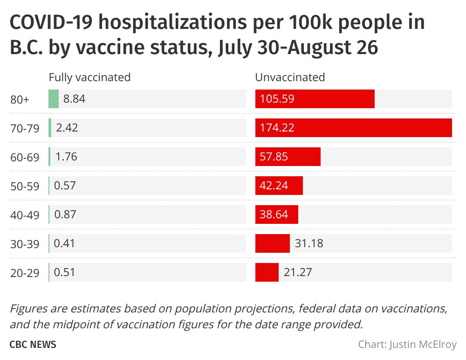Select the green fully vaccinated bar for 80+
pyautogui.click(x=54, y=99)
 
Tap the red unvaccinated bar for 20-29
pyautogui.click(x=267, y=272)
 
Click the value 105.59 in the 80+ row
pyautogui.click(x=277, y=99)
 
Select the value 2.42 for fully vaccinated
pyautogui.click(x=67, y=128)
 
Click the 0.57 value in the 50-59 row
pyautogui.click(x=65, y=186)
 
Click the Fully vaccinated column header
pyautogui.click(x=89, y=77)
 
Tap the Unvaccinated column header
pyautogui.click(x=290, y=77)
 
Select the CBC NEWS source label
pyautogui.click(x=33, y=345)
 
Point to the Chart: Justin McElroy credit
pyautogui.click(x=407, y=345)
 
